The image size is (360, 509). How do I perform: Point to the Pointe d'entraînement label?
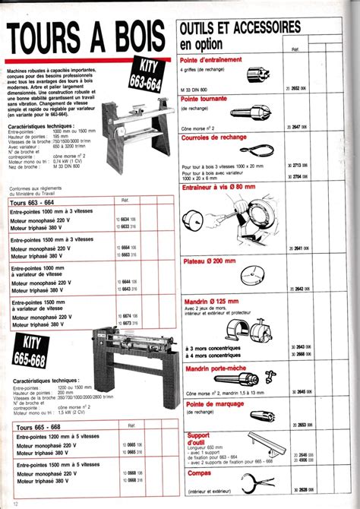click(x=211, y=59)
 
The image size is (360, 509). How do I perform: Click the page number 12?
click(x=6, y=502)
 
